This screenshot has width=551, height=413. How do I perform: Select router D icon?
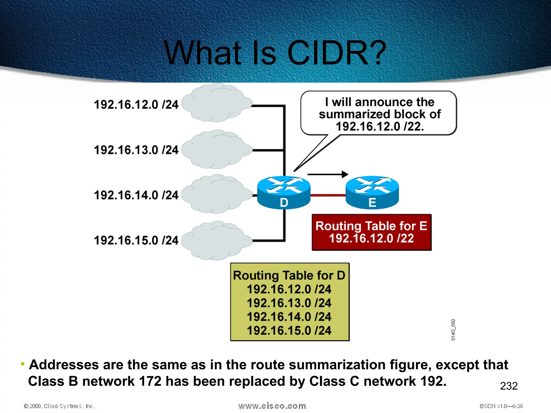[x=284, y=193]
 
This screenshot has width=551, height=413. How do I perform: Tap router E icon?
[x=372, y=193]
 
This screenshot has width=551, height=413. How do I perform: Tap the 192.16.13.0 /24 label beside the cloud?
[x=136, y=150]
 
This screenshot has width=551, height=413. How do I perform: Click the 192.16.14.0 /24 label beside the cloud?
[x=136, y=195]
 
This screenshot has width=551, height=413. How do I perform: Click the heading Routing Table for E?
[x=371, y=226]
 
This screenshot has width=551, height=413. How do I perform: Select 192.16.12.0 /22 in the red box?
[x=371, y=238]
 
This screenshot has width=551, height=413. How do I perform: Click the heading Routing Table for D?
[x=289, y=275]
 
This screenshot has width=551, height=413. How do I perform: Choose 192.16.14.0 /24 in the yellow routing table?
[x=289, y=317]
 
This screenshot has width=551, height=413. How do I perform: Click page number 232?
[x=508, y=386]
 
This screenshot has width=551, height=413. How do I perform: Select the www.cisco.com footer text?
[x=272, y=406]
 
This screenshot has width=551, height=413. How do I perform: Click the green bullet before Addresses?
[x=23, y=364]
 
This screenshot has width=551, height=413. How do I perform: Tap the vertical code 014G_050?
[x=453, y=330]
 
